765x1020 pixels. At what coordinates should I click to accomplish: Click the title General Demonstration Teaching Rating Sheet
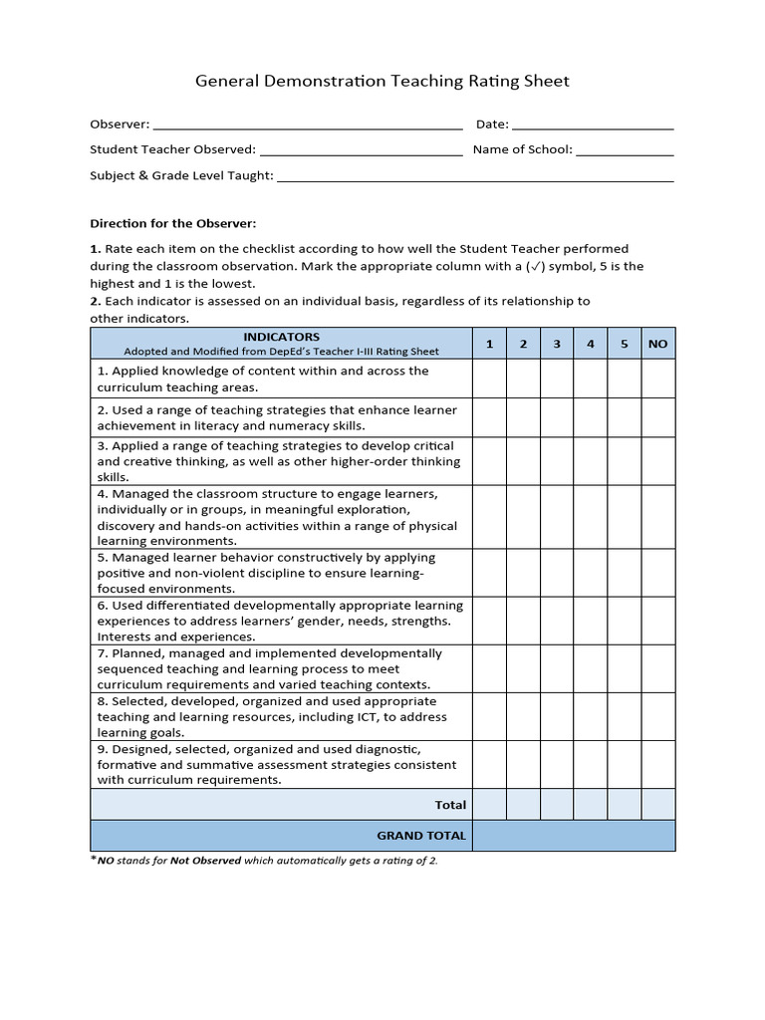point(382,82)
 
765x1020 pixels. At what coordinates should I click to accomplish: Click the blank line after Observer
point(308,126)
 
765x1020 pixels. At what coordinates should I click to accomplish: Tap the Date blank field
point(593,126)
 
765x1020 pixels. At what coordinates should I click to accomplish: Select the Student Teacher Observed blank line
point(361,151)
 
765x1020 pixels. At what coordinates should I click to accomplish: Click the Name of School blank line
point(625,151)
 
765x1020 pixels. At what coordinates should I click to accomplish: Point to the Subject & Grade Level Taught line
point(475,177)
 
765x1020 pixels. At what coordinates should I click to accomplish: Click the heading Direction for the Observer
point(173,223)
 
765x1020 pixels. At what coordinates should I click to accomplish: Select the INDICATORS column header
point(281,344)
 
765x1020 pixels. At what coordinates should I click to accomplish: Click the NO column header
point(657,344)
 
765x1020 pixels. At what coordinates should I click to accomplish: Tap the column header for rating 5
point(625,344)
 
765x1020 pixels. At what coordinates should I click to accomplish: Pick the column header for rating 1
point(489,344)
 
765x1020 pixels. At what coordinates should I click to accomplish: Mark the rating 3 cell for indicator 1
point(557,379)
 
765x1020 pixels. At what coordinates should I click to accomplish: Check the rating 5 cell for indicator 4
point(625,517)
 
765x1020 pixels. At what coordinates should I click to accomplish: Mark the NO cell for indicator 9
point(657,764)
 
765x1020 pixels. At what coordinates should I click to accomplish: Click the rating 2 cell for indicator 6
point(523,621)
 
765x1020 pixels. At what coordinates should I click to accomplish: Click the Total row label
point(450,805)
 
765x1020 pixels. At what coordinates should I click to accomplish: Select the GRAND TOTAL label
point(420,836)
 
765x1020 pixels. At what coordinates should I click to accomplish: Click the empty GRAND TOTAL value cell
point(574,836)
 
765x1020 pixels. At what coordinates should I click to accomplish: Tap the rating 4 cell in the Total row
point(591,805)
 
